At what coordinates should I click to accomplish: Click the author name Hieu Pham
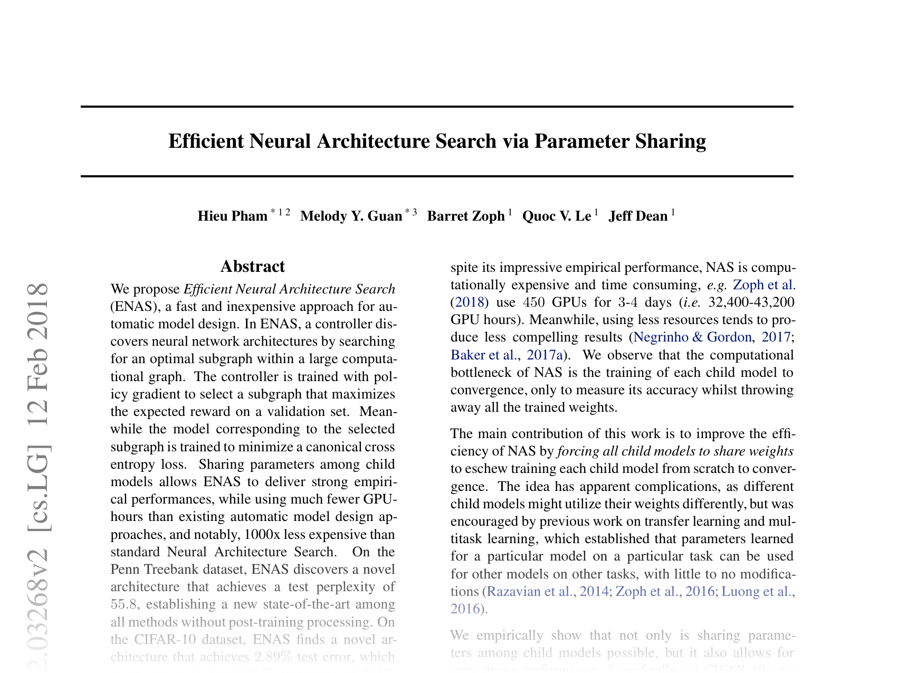point(232,216)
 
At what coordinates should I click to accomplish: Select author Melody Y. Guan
point(351,216)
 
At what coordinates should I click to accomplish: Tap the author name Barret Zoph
point(465,216)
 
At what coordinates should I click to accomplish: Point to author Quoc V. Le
point(556,216)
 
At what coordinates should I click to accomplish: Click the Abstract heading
point(253,267)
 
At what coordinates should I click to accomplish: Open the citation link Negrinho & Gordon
point(692,337)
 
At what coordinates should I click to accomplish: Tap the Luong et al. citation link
point(757,591)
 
